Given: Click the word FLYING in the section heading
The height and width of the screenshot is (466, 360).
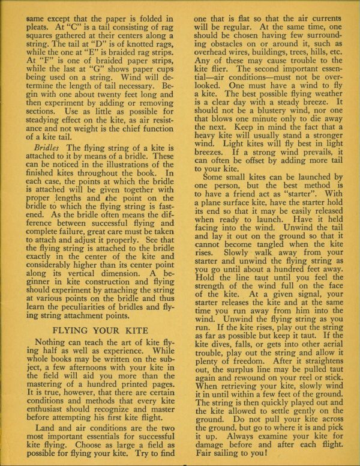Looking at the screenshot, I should [x=73, y=330].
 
